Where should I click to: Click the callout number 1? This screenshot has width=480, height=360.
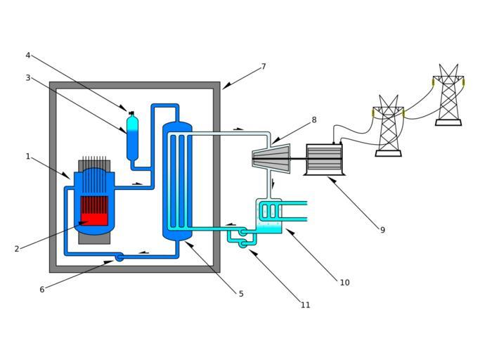28,156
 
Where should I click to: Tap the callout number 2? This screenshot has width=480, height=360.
17,248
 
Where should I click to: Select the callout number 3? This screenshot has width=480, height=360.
28,77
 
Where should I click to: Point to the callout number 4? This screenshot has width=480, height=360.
28,55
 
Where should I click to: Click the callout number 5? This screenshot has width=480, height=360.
241,294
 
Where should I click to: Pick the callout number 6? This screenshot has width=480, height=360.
42,289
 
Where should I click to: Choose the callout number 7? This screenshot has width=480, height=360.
264,67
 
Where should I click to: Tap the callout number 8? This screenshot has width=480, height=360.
314,120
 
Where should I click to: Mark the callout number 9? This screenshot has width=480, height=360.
382,230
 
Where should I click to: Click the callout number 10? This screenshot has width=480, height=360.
344,283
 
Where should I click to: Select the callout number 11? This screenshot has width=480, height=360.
305,304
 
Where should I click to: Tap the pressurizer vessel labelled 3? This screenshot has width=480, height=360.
132,139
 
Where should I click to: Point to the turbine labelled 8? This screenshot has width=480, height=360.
273,160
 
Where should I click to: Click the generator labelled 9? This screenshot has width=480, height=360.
324,160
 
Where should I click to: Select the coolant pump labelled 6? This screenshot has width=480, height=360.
119,257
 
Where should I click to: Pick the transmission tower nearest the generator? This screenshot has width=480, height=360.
388,127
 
